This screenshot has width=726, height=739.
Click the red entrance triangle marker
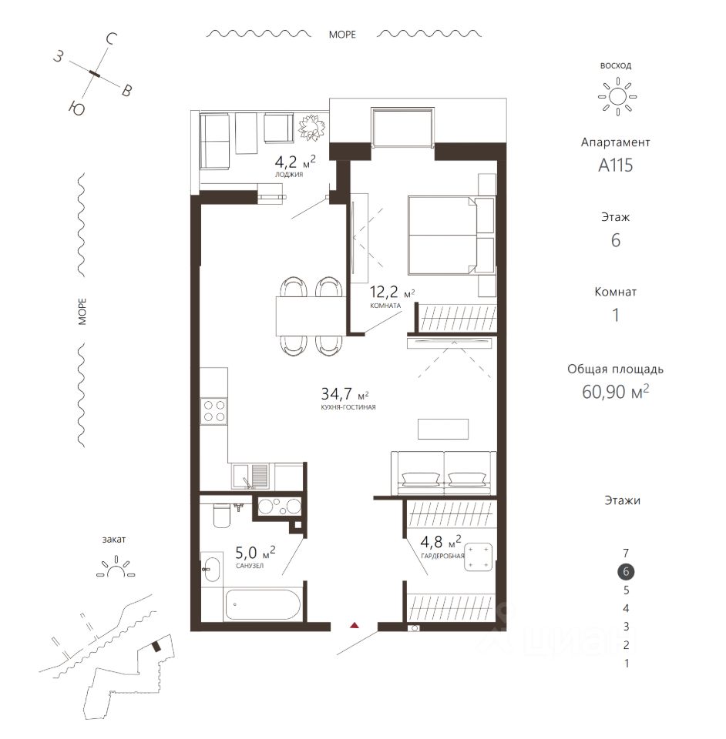(x=355, y=625)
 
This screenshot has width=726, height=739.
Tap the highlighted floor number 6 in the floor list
(x=626, y=572)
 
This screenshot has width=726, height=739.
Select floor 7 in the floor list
(x=626, y=553)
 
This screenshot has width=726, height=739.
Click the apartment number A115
(x=615, y=166)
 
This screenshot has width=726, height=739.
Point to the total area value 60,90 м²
(x=615, y=392)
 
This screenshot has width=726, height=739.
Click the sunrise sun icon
(x=617, y=97)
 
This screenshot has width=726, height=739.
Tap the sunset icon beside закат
(x=116, y=567)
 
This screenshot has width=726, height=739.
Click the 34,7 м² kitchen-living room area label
(x=345, y=393)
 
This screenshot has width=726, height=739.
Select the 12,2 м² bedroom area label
(x=392, y=293)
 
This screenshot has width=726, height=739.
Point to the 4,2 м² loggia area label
(x=295, y=162)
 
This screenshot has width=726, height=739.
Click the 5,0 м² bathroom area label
(x=255, y=551)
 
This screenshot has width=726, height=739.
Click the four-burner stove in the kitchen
(x=213, y=411)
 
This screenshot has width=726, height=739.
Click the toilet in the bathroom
(x=221, y=516)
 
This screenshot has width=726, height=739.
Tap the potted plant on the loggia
(x=311, y=127)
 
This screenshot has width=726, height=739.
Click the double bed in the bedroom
(x=452, y=236)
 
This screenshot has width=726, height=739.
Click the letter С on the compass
(x=111, y=39)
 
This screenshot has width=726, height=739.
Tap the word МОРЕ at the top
(x=342, y=35)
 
